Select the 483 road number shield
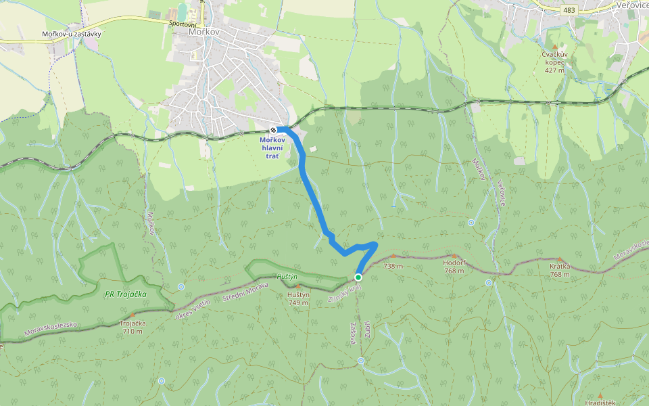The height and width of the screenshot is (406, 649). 568,9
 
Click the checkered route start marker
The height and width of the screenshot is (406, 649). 272,130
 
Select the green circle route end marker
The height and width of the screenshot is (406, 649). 358,277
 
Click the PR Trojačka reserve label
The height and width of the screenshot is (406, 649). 126,294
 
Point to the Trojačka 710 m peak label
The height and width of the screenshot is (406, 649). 133,327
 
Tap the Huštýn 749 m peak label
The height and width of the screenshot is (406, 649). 298,298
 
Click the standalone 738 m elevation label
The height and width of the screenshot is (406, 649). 393,267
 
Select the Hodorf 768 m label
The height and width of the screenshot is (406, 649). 454,267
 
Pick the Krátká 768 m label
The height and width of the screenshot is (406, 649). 560,270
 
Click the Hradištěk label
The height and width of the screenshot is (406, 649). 600,403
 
